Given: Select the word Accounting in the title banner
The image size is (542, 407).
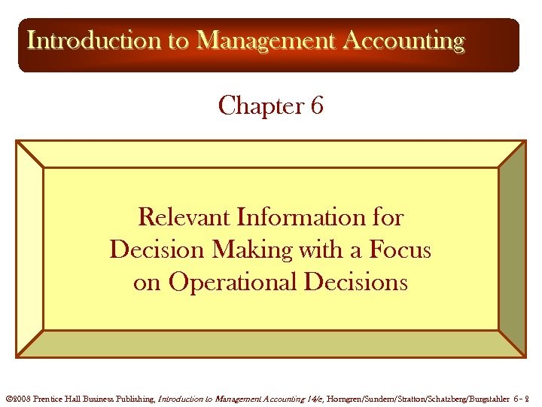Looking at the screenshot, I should (403, 40).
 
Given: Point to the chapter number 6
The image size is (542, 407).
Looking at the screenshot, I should (317, 106).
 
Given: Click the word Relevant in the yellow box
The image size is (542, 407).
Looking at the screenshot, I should (184, 218).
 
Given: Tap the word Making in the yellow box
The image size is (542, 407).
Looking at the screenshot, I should (257, 249).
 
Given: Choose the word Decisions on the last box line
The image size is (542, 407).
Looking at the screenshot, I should (353, 282).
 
